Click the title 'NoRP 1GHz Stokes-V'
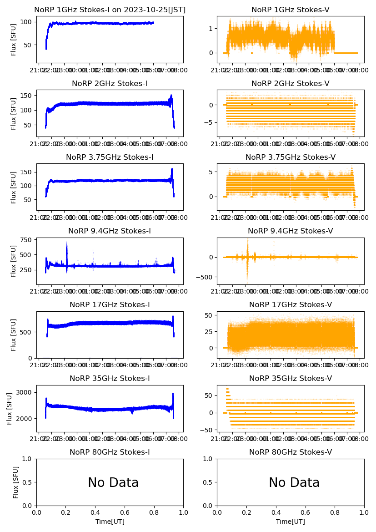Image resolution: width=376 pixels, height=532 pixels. [x=290, y=10]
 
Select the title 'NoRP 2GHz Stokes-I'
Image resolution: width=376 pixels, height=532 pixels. [x=110, y=84]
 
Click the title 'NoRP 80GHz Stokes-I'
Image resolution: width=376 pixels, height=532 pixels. [x=110, y=452]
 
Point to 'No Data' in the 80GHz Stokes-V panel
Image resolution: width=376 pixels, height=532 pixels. [x=294, y=483]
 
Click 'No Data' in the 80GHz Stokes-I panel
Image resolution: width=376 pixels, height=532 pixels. [x=113, y=483]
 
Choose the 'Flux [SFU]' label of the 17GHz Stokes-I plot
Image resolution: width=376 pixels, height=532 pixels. [x=14, y=335]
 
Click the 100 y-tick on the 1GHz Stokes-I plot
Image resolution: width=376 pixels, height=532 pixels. [x=26, y=22]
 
